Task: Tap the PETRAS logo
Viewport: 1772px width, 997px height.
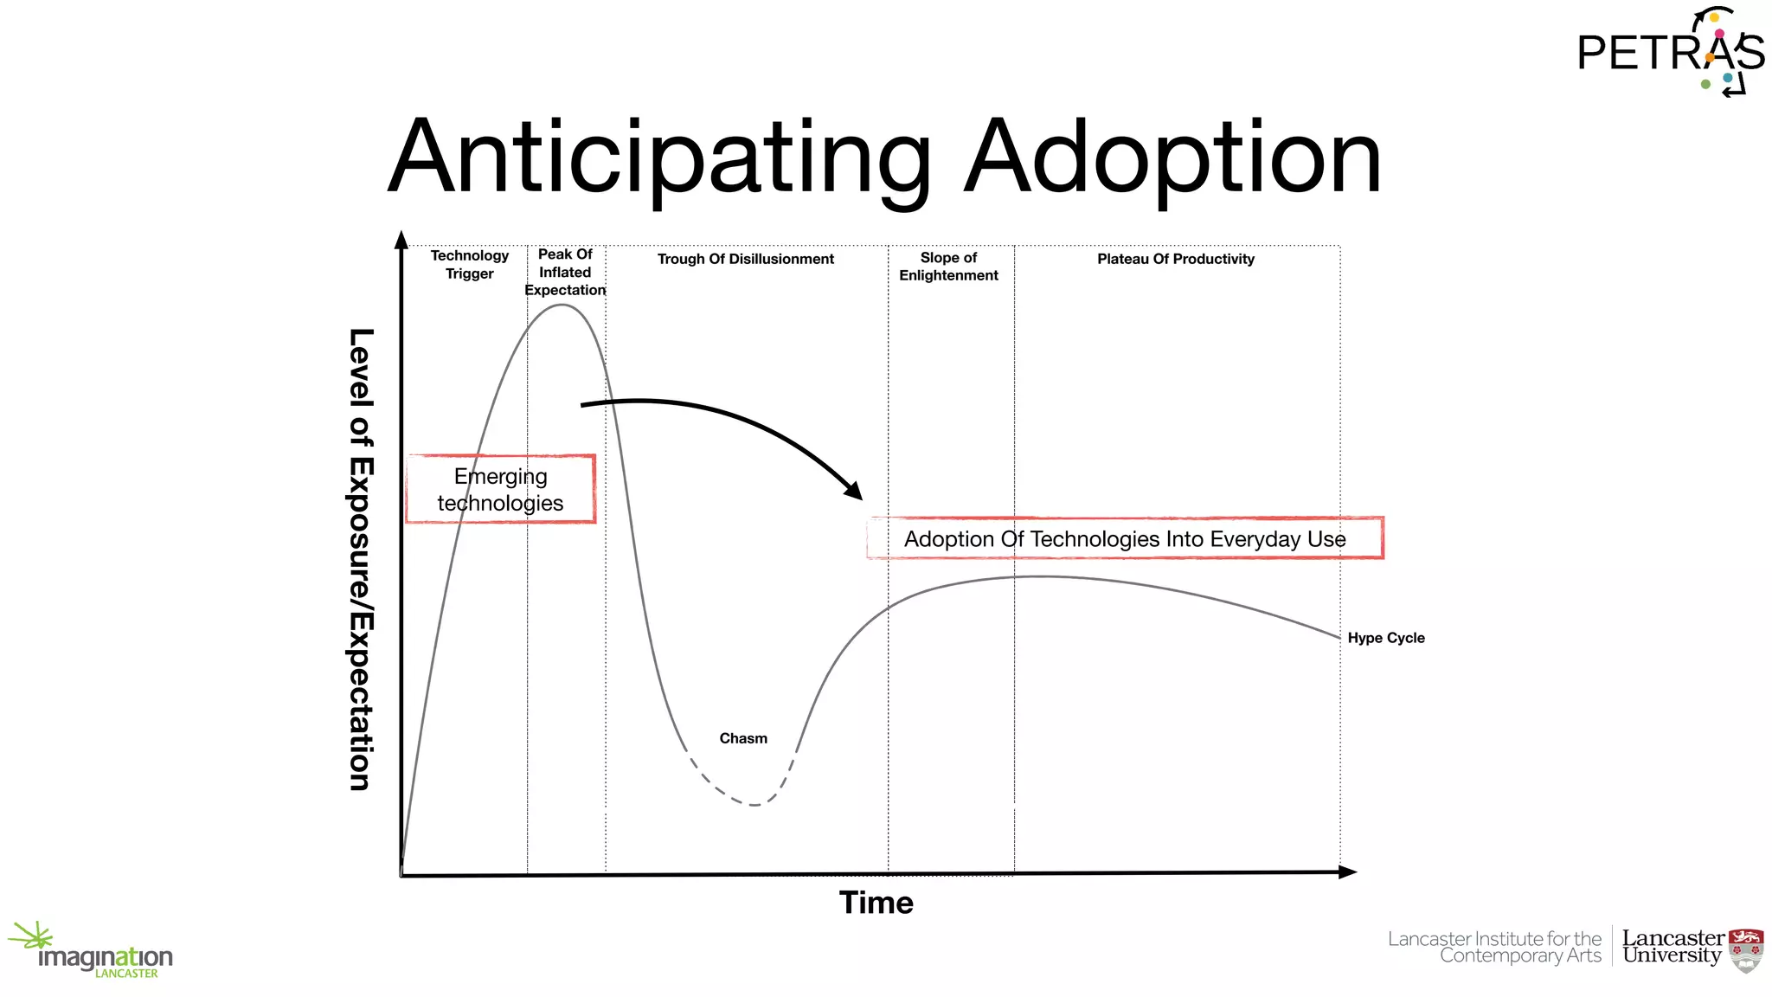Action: [x=1670, y=52]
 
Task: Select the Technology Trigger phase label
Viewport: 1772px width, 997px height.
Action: [x=470, y=265]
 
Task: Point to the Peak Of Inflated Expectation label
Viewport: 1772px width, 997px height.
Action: [x=565, y=272]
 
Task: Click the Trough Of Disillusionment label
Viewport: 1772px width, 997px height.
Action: [x=745, y=259]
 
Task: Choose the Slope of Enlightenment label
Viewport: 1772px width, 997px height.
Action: [x=948, y=267]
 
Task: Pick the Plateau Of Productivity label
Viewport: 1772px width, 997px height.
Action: [x=1175, y=259]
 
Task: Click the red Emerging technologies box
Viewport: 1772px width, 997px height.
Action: [x=501, y=489]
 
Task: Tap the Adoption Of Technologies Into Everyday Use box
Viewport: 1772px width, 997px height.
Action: [x=1125, y=538]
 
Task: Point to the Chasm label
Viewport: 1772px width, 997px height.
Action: [x=743, y=738]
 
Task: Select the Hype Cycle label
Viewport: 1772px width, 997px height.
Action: [x=1385, y=638]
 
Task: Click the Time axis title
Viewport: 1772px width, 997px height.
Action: [x=876, y=903]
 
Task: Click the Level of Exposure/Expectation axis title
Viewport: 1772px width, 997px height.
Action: [x=361, y=559]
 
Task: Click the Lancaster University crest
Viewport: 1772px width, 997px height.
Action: [x=1745, y=950]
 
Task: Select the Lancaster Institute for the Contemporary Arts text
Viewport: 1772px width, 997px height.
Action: [x=1494, y=947]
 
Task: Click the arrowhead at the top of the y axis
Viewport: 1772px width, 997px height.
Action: [x=401, y=240]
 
